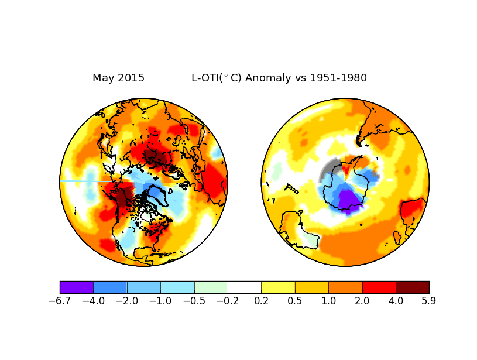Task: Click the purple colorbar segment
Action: pyautogui.click(x=77, y=287)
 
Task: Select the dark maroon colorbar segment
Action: pyautogui.click(x=413, y=287)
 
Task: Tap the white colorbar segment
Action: pyautogui.click(x=245, y=287)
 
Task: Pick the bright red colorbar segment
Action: pyautogui.click(x=379, y=287)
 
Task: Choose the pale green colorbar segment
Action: pyautogui.click(x=211, y=287)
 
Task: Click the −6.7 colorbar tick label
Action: pyautogui.click(x=60, y=301)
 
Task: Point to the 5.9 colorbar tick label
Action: pyautogui.click(x=429, y=301)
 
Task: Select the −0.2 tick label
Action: pyautogui.click(x=228, y=301)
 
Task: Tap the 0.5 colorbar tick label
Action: pyautogui.click(x=295, y=301)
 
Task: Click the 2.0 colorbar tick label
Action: pyautogui.click(x=362, y=301)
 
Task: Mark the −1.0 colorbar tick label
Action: pyautogui.click(x=160, y=301)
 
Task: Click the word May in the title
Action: pyautogui.click(x=104, y=78)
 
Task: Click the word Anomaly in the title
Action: pyautogui.click(x=268, y=78)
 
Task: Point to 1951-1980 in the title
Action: pyautogui.click(x=338, y=78)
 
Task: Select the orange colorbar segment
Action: pyautogui.click(x=345, y=287)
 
